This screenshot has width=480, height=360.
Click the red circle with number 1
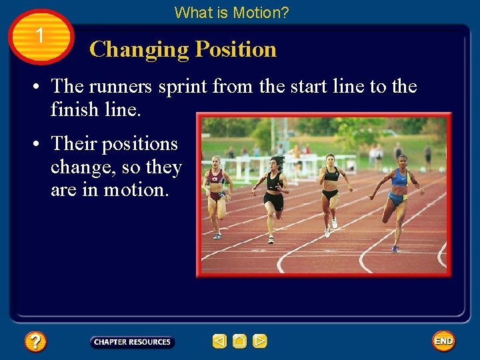click(41, 37)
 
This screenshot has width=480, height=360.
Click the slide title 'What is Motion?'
click(231, 12)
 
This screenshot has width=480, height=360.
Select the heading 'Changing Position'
click(183, 49)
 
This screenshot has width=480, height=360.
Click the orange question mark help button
click(35, 342)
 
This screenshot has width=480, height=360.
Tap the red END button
click(443, 341)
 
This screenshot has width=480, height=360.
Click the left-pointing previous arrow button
click(219, 342)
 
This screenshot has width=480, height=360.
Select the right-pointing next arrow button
click(260, 342)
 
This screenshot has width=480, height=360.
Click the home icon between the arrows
click(240, 342)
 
